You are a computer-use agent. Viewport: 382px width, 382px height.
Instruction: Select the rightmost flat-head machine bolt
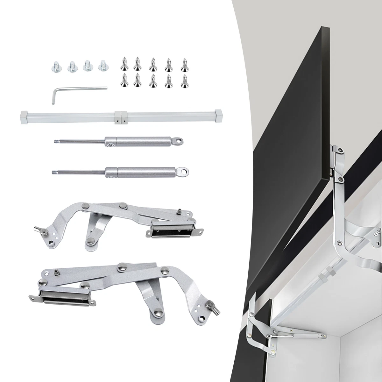[x=103, y=66]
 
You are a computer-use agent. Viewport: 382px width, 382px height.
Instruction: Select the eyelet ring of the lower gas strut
[x=182, y=172]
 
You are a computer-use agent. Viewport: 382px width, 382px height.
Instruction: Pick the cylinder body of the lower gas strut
[x=140, y=172]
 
